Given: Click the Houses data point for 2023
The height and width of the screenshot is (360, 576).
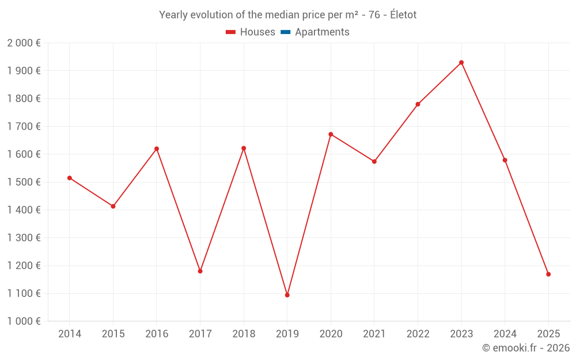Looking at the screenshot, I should click(x=461, y=62).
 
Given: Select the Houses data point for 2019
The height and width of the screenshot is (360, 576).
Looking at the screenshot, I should click(x=287, y=295).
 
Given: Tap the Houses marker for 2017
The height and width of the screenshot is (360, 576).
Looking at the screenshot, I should click(x=200, y=271).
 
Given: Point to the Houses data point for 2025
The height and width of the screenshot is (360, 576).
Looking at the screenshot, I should click(x=548, y=274).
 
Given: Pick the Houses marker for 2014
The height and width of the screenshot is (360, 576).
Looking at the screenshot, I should click(x=70, y=178).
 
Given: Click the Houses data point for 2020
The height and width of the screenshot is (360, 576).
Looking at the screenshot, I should click(x=331, y=134).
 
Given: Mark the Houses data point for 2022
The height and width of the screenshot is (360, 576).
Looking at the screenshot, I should click(x=418, y=104).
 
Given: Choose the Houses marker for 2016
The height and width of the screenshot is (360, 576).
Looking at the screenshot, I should click(x=157, y=149).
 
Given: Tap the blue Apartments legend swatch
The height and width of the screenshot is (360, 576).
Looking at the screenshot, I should click(x=285, y=32).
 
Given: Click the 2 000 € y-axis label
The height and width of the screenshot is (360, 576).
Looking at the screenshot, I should click(x=24, y=43).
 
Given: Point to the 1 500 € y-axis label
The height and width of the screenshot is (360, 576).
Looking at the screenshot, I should click(x=24, y=182).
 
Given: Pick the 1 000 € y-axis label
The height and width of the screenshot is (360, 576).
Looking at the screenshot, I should click(x=24, y=321).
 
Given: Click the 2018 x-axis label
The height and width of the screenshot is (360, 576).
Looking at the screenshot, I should click(x=244, y=334).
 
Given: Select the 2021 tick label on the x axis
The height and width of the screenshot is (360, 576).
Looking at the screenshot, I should click(x=374, y=334).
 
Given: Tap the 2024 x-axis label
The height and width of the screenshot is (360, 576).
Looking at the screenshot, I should click(x=505, y=334).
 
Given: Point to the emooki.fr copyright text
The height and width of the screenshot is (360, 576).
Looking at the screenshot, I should click(x=526, y=348).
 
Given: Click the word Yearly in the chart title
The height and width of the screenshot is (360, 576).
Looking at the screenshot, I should click(x=173, y=15).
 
